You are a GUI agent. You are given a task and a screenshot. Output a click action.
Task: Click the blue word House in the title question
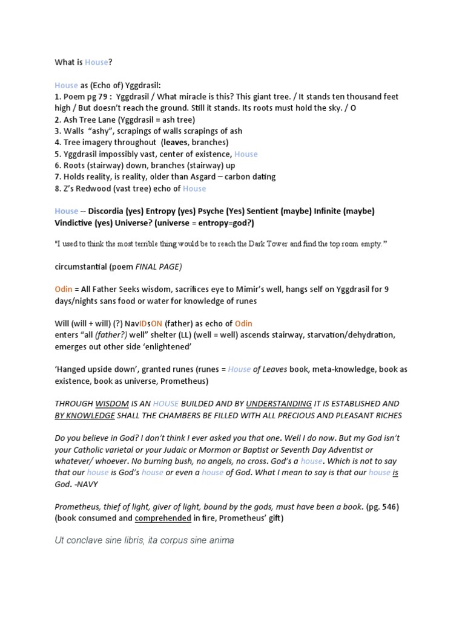96,62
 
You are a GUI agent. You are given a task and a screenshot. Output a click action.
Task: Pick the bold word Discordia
107,211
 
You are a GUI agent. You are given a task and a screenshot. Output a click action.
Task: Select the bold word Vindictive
76,222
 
